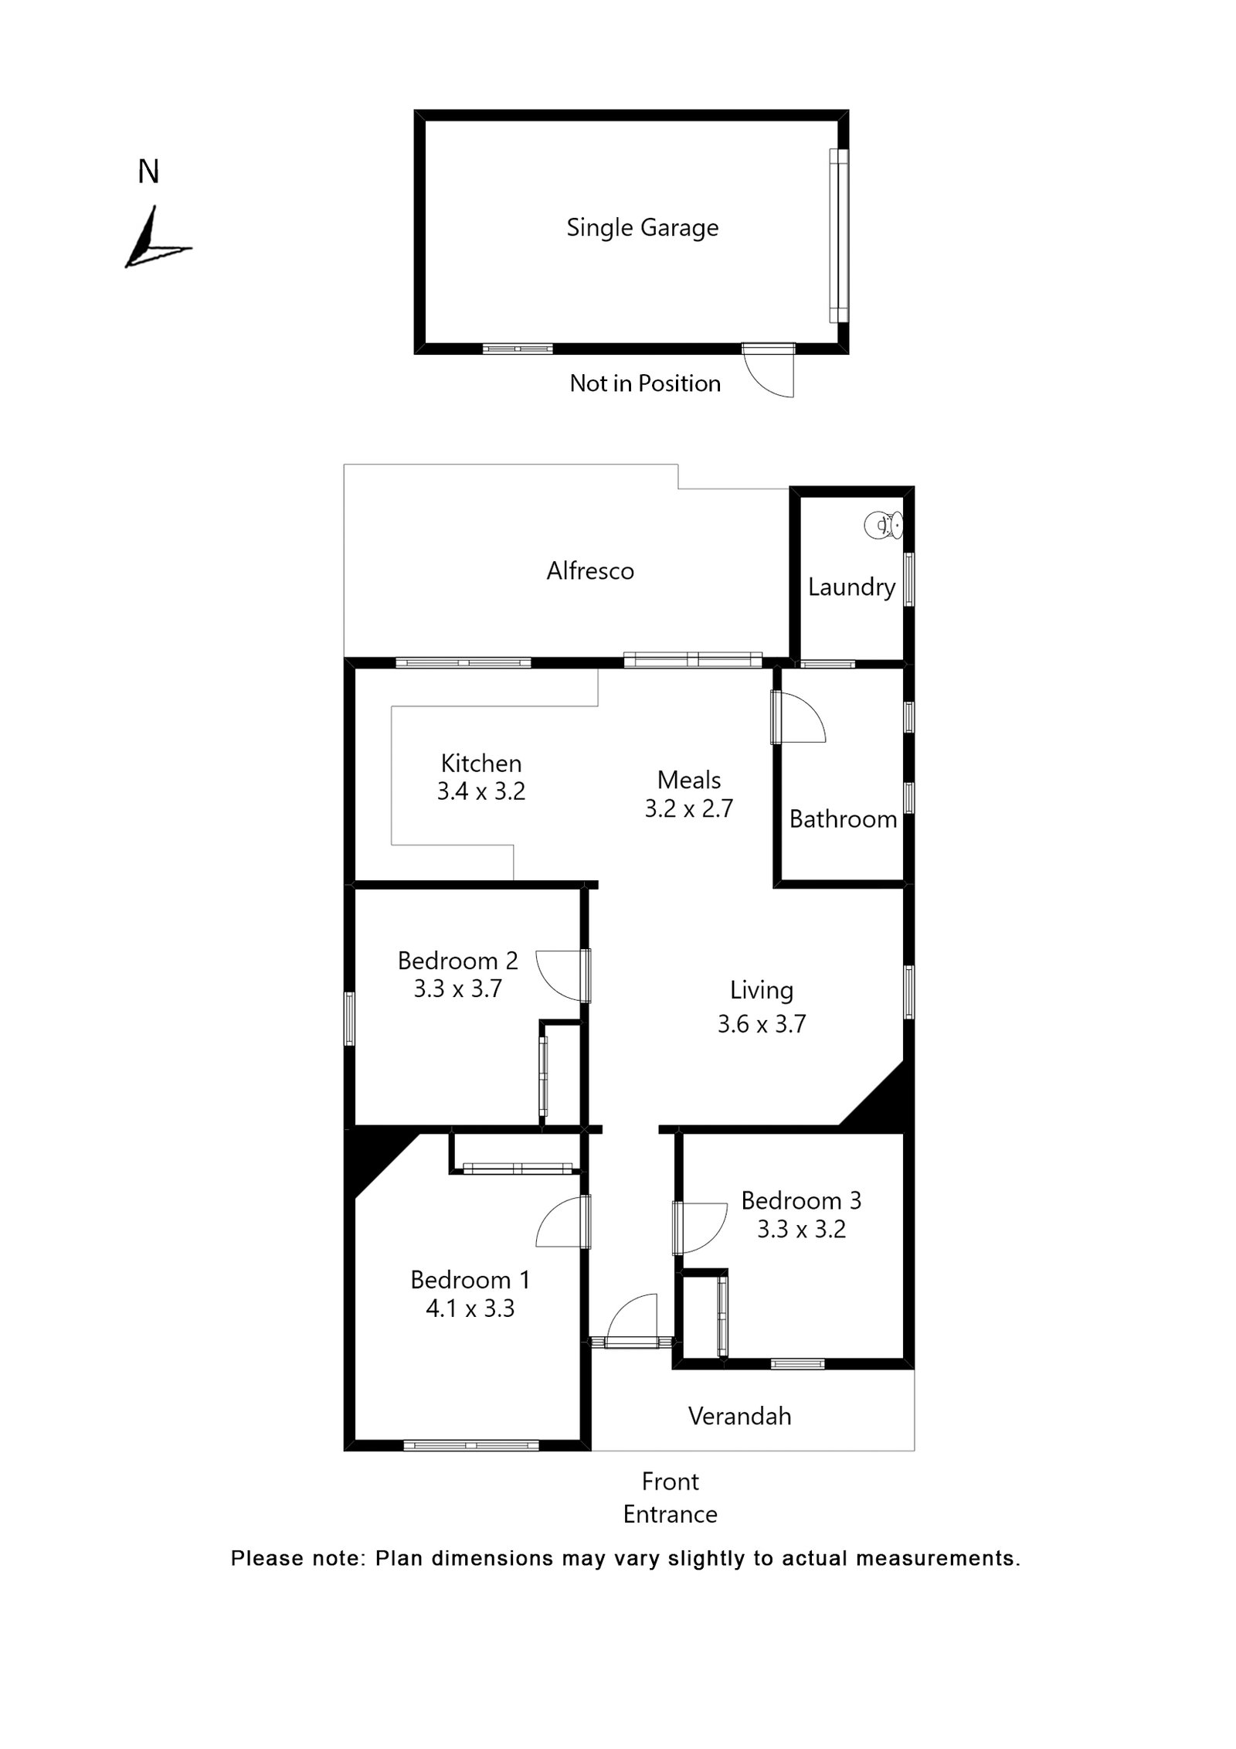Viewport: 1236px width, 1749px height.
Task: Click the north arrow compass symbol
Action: [154, 240]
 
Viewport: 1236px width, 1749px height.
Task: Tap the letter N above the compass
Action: [148, 172]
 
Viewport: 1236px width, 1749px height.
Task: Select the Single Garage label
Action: [642, 227]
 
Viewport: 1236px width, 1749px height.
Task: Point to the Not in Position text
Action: [644, 383]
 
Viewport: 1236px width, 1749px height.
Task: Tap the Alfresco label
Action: [590, 571]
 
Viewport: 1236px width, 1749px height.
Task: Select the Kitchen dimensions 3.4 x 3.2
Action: [480, 791]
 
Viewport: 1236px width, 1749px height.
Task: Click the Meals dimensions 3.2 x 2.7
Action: [688, 808]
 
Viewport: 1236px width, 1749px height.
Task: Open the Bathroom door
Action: [799, 718]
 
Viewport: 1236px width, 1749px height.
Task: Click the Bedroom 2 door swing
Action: [560, 975]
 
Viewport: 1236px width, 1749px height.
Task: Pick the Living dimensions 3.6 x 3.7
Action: [761, 1024]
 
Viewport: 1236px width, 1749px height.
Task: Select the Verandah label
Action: [739, 1416]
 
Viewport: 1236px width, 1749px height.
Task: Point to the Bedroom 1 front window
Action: [470, 1444]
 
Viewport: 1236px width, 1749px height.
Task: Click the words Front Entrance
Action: [670, 1498]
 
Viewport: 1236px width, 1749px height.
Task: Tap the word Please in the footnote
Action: [266, 1558]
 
